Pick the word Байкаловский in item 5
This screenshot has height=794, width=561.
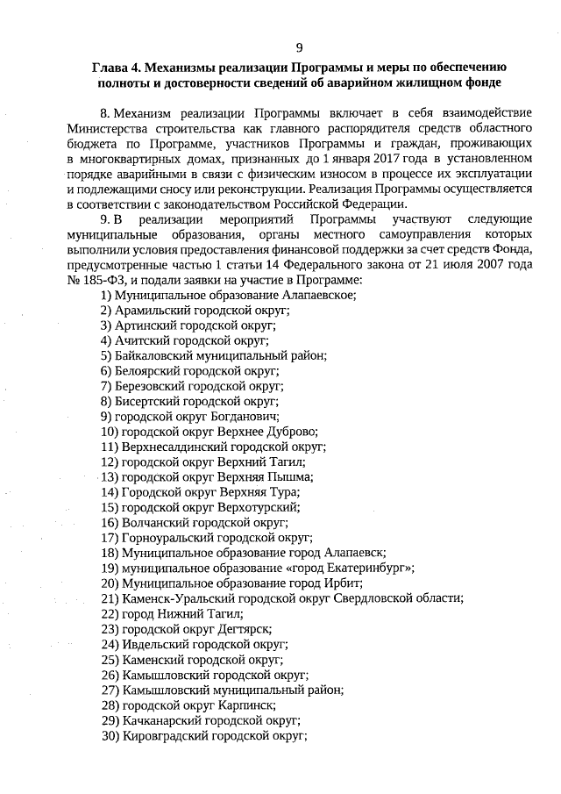tap(154, 355)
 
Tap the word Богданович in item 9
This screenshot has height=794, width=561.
tap(245, 416)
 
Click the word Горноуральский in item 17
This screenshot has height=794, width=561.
tap(166, 537)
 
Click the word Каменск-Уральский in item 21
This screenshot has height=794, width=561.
tap(172, 597)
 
